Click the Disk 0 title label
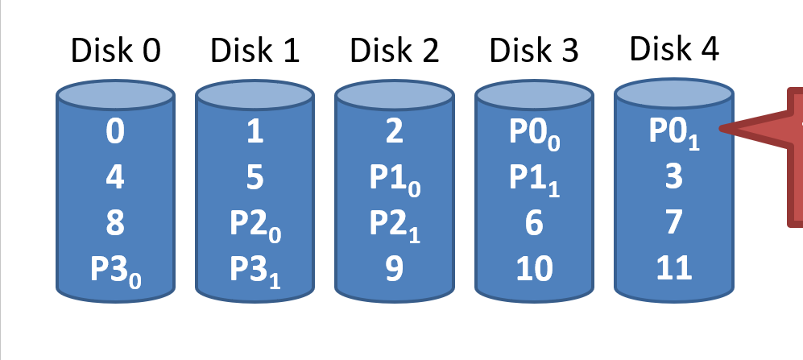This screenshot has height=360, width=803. click(116, 52)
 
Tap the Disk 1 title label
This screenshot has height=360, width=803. click(255, 52)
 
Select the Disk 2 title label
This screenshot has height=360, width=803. click(395, 52)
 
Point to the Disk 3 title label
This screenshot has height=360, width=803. click(534, 52)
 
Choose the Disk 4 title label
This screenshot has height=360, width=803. click(674, 49)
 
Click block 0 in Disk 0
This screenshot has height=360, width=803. click(115, 132)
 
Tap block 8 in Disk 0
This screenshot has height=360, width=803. click(115, 222)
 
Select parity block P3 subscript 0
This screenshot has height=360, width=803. click(115, 268)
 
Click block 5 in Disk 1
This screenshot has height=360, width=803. click(255, 177)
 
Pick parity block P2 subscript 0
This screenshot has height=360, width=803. click(255, 223)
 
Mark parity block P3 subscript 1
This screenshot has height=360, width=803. click(255, 268)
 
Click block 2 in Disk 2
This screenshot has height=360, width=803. click(394, 132)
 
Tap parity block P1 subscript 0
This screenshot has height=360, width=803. click(394, 178)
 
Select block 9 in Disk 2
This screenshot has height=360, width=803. click(394, 268)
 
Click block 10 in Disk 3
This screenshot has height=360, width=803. click(534, 268)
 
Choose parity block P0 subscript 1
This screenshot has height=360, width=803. click(673, 131)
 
